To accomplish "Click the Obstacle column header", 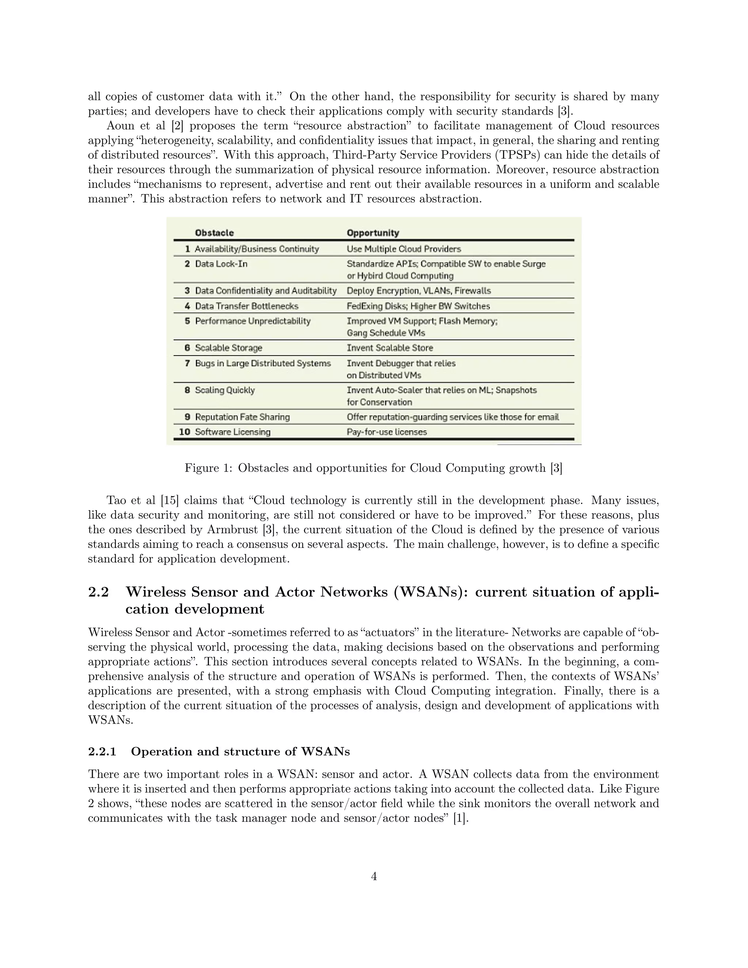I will coord(214,233).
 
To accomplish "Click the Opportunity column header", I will coord(373,233).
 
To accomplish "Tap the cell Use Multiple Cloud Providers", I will coord(404,249).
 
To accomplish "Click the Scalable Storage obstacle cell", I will coord(228,348).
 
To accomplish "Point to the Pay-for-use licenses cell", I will coord(386,432).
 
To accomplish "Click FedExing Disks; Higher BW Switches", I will coord(418,306).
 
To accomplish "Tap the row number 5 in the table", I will coord(187,321).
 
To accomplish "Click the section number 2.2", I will coord(98,592).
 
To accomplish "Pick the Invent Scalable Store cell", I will coord(389,348).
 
